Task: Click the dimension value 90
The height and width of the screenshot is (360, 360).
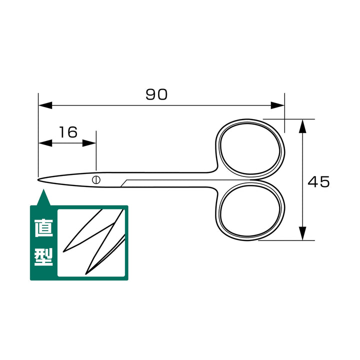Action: pos(156,94)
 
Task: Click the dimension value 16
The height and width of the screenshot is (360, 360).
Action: pos(68,132)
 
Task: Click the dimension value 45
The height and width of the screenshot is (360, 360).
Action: pos(318,182)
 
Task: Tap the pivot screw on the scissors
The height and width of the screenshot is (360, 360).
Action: pos(96,179)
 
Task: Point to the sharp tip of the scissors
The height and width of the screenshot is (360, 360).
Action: pos(38,179)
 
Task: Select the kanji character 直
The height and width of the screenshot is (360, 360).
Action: pos(43,228)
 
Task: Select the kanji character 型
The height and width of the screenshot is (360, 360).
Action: pos(43,257)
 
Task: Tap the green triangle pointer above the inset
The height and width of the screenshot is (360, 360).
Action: pos(43,198)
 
